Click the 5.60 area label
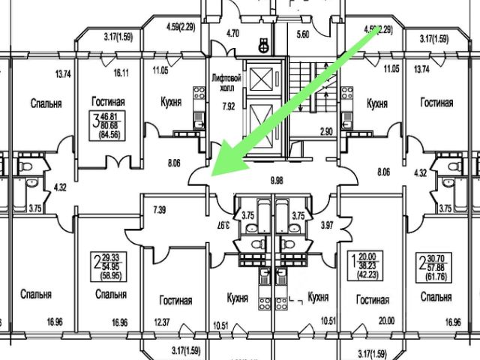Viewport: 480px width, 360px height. (303, 34)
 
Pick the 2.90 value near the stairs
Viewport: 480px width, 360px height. (325, 132)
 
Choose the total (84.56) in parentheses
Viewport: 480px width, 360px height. (109, 135)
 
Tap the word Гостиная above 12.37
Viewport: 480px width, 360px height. (175, 301)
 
